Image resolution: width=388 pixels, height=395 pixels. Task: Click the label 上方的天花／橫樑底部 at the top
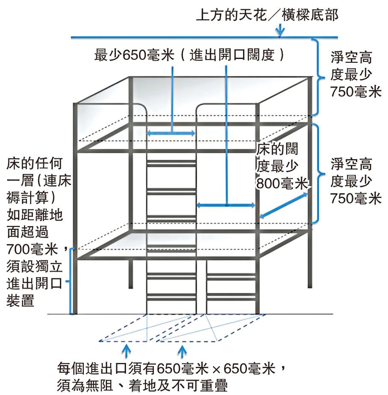pyautogui.click(x=267, y=15)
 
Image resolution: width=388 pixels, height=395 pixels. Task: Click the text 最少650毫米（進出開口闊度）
pyautogui.click(x=190, y=55)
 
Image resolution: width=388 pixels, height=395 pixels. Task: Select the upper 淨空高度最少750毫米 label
pyautogui.click(x=356, y=74)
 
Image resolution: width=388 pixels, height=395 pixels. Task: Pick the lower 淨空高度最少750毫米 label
pyautogui.click(x=356, y=181)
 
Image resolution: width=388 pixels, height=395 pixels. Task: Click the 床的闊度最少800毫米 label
pyautogui.click(x=282, y=166)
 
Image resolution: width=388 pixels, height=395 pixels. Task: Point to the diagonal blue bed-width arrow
pyautogui.click(x=284, y=205)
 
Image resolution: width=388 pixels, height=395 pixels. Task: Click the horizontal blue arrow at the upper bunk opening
pyautogui.click(x=171, y=133)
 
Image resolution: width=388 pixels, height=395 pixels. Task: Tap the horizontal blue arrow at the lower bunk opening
pyautogui.click(x=226, y=205)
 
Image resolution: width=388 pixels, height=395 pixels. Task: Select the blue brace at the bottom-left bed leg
pyautogui.click(x=70, y=281)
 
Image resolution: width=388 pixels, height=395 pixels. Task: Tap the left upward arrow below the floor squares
pyautogui.click(x=126, y=351)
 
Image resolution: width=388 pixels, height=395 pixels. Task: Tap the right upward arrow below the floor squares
pyautogui.click(x=182, y=351)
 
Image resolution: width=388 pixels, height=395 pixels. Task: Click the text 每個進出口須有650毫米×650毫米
pyautogui.click(x=166, y=368)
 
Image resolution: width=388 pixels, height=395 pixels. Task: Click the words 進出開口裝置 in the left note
pyautogui.click(x=35, y=292)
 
